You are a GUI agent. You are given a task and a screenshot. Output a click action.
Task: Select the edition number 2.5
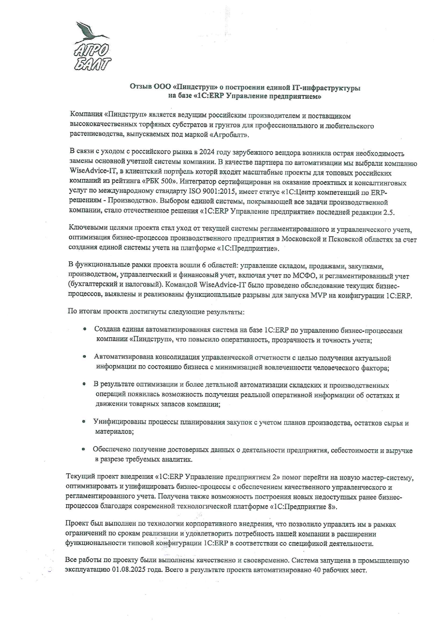pyautogui.click(x=388, y=212)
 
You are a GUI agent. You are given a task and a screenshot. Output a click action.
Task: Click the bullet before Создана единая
pyautogui.click(x=85, y=329)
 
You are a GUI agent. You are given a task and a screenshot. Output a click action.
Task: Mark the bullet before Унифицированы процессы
pyautogui.click(x=84, y=422)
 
